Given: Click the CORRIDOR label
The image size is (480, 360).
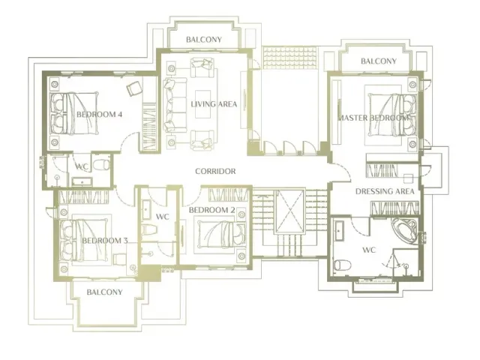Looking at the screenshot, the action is point(215,171).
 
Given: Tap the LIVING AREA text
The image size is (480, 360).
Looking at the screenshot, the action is point(214,104).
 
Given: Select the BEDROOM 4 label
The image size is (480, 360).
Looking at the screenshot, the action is point(100,115).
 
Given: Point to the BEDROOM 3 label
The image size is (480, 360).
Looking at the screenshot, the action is point(105,241).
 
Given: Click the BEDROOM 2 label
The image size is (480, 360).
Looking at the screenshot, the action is point(211,210).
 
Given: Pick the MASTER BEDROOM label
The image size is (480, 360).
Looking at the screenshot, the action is point(373,118).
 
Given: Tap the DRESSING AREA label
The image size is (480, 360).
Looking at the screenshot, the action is point(385,192).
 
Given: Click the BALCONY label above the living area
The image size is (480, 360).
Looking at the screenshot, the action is point(204,40).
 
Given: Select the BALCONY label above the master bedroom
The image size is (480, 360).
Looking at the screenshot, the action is point(379,61).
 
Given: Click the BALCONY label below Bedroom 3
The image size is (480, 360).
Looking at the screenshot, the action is point(105,292).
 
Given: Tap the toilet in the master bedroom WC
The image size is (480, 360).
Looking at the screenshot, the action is point(342,265).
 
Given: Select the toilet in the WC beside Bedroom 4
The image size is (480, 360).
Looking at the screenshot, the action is point(101,165).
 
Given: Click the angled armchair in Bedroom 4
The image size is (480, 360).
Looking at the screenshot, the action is point(134,88).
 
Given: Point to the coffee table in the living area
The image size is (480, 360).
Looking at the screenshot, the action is point(203,104).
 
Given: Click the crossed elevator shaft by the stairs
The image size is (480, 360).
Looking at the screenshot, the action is point(290,211).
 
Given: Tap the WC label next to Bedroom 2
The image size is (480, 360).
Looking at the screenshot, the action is point(162,217).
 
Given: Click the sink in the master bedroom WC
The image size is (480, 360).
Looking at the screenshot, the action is point(338,230).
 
